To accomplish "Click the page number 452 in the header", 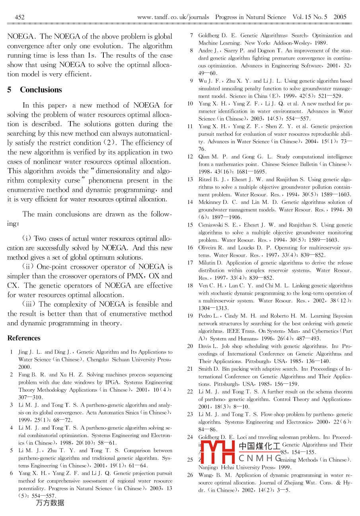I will pos(19,17).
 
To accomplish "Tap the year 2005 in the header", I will pos(340,17).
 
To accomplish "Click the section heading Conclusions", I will pos(41,90).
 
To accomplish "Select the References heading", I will pos(24,338).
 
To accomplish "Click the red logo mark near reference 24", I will pos(217,452).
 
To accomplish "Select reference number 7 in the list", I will pos(192,36).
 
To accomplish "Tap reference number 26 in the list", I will pos(190,475).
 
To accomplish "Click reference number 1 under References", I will pos(12,352).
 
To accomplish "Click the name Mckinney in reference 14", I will pos(209,202).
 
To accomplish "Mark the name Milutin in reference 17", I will pos(207,263).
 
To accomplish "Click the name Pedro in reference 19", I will pos(206,316).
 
